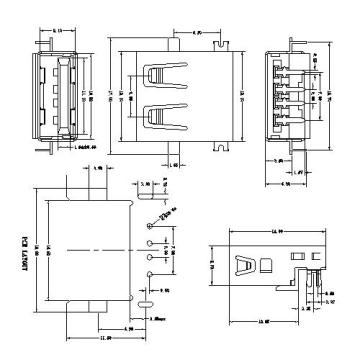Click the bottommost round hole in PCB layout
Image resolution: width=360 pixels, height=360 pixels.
coord(150,267)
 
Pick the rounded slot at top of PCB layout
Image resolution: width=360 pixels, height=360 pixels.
coord(150,212)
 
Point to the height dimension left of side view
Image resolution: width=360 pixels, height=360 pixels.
coord(211,266)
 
